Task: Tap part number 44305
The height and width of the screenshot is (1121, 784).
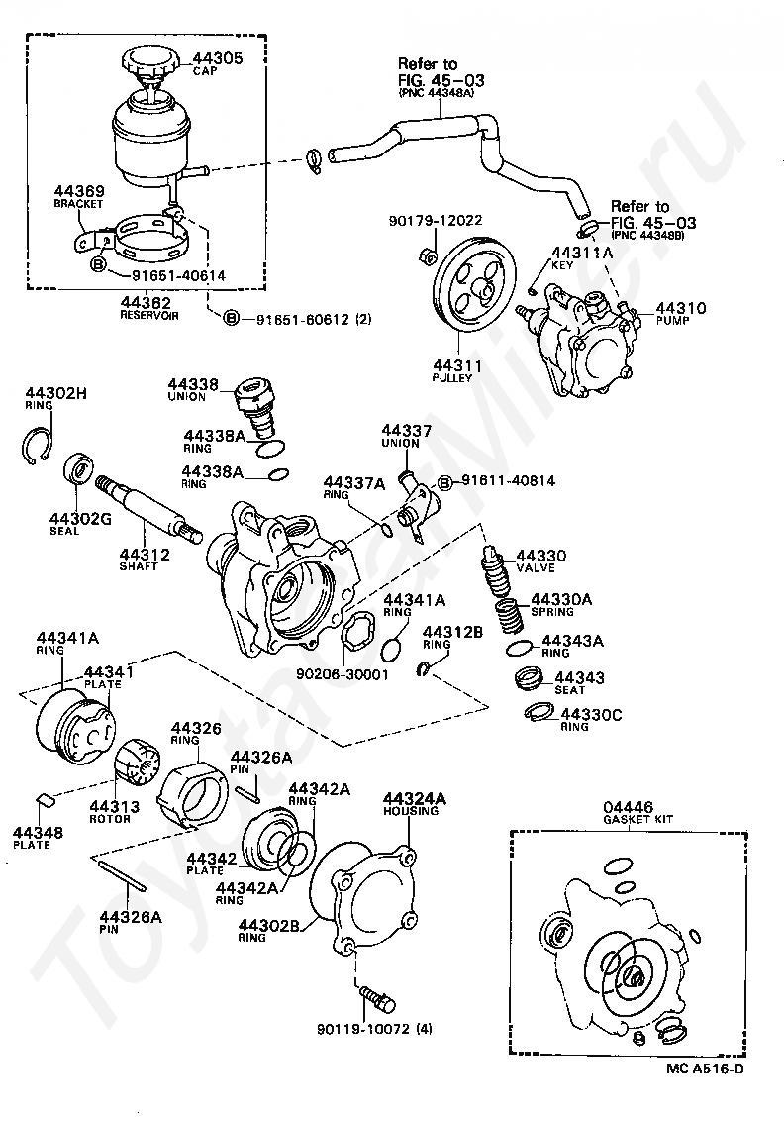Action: tap(217, 58)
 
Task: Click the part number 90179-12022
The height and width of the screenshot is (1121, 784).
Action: tap(436, 221)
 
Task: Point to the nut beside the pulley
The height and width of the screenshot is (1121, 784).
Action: tap(423, 254)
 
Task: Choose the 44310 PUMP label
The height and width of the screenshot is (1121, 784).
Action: tap(680, 313)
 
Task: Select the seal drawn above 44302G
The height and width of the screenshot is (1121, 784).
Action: tap(78, 469)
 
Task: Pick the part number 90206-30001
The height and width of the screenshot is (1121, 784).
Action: tap(342, 674)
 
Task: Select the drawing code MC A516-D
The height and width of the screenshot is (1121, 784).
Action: tap(705, 1089)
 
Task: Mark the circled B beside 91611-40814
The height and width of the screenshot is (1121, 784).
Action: tap(444, 484)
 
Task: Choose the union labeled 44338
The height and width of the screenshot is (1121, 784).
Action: tap(255, 408)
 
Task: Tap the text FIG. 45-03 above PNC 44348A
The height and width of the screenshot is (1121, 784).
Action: tap(441, 80)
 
